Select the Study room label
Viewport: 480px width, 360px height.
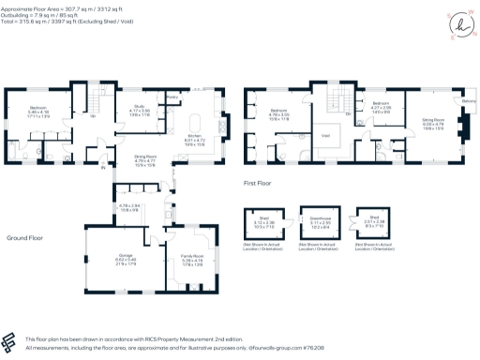click(140, 106)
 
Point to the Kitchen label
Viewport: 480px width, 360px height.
click(195, 136)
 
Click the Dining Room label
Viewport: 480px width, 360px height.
click(143, 156)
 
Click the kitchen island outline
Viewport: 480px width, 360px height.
click(195, 124)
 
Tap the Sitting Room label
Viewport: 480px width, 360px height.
click(431, 120)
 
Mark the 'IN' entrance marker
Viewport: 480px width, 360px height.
click(106, 169)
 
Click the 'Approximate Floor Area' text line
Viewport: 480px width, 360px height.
click(56, 6)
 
